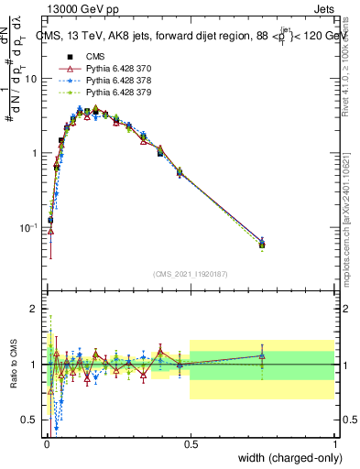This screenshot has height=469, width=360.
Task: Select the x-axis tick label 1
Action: coord(334,442)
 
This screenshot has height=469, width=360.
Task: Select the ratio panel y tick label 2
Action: coord(35,310)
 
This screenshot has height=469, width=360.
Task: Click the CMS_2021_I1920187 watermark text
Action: coord(190,273)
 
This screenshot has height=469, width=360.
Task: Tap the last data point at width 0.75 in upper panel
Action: coord(262,245)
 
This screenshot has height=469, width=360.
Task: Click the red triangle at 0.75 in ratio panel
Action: coord(262,355)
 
